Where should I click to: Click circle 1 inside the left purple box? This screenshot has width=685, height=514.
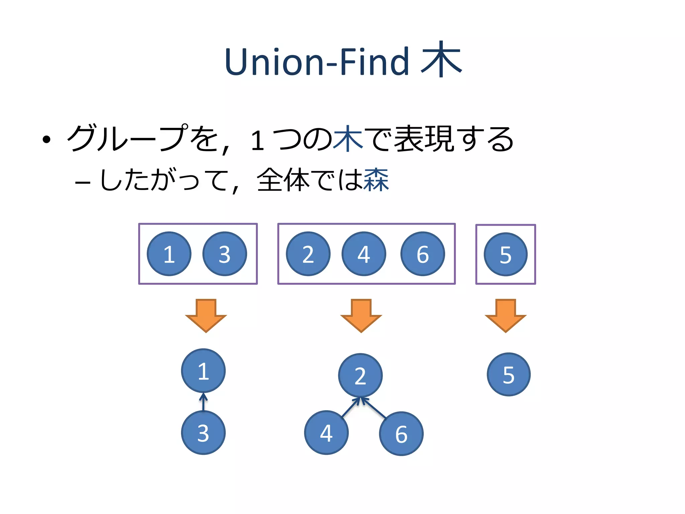pyautogui.click(x=169, y=254)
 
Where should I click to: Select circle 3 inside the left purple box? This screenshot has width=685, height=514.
pyautogui.click(x=225, y=254)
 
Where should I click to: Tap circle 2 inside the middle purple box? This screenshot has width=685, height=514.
pyautogui.click(x=308, y=254)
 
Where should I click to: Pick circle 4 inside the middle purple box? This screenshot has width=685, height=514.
pyautogui.click(x=364, y=254)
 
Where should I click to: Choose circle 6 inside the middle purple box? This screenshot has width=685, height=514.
pyautogui.click(x=423, y=254)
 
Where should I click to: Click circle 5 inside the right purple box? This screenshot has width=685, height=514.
pyautogui.click(x=506, y=254)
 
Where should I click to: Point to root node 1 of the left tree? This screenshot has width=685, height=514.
pyautogui.click(x=203, y=371)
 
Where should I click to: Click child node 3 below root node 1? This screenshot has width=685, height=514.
pyautogui.click(x=203, y=433)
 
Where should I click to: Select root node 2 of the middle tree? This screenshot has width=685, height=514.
pyautogui.click(x=360, y=375)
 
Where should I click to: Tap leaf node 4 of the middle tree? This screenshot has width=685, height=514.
pyautogui.click(x=326, y=433)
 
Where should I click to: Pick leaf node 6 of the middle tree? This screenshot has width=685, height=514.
pyautogui.click(x=401, y=434)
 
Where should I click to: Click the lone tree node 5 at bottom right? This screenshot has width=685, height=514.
pyautogui.click(x=509, y=374)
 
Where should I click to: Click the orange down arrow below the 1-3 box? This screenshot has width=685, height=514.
pyautogui.click(x=206, y=315)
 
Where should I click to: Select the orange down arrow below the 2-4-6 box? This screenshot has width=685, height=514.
pyautogui.click(x=361, y=315)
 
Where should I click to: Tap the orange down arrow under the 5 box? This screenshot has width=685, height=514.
pyautogui.click(x=506, y=315)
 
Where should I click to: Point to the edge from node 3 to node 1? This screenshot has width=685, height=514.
pyautogui.click(x=203, y=403)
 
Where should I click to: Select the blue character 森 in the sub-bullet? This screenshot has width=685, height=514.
pyautogui.click(x=376, y=180)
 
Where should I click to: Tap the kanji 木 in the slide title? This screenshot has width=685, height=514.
pyautogui.click(x=441, y=60)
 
